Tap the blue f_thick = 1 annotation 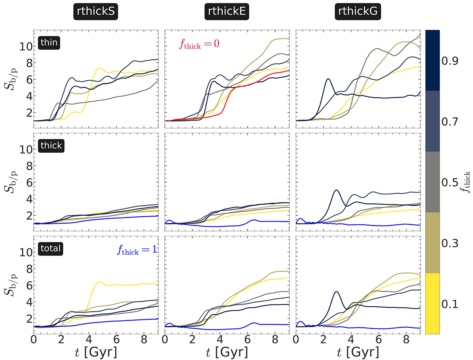coord(136,250)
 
